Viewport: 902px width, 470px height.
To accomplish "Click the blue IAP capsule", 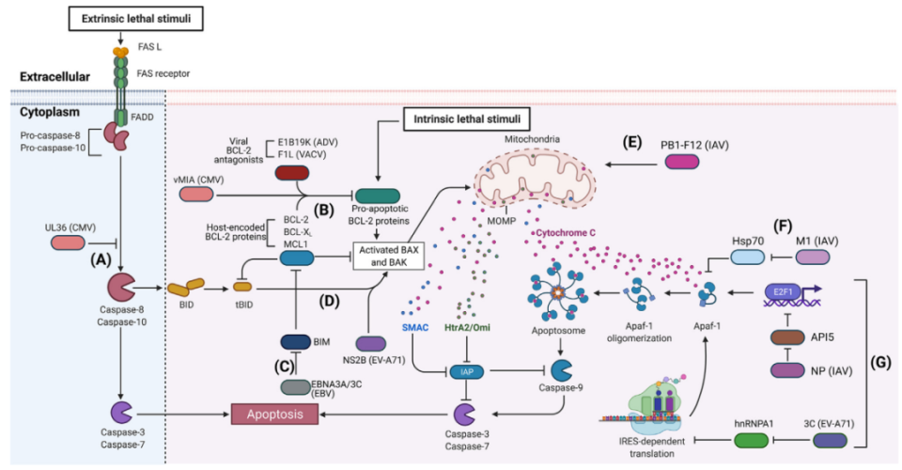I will pyautogui.click(x=467, y=370).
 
